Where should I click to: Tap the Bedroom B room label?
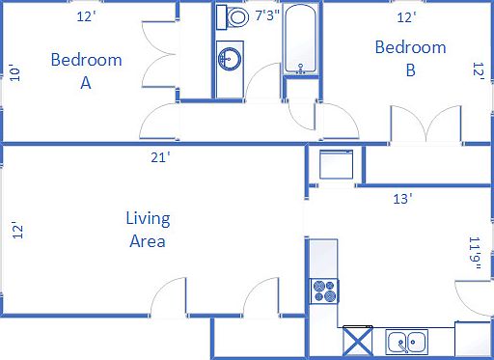click(410, 58)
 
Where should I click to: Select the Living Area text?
click(147, 229)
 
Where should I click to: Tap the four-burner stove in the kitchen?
click(323, 290)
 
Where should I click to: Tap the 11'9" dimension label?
click(473, 255)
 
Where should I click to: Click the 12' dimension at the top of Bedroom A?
click(87, 16)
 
